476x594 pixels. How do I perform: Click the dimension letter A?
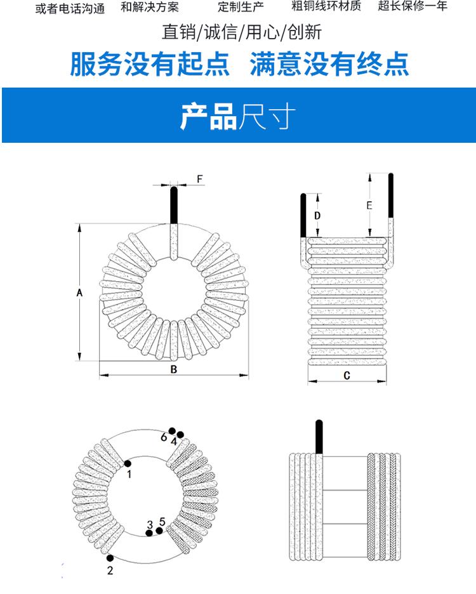click(79, 293)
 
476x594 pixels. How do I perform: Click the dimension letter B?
click(173, 370)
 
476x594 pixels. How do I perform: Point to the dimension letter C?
click(347, 375)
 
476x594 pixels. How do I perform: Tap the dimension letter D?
click(318, 216)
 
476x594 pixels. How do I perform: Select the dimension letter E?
click(369, 205)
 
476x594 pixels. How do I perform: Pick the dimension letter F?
click(199, 180)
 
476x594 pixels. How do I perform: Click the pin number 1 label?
click(129, 473)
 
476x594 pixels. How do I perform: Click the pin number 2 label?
click(110, 571)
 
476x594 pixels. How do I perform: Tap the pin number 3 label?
click(150, 525)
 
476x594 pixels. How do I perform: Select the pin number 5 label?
click(162, 522)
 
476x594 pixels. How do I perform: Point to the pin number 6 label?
click(164, 437)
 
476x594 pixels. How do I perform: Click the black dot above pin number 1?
click(128, 463)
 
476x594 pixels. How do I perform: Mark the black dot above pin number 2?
click(110, 558)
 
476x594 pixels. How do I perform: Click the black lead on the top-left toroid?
click(173, 206)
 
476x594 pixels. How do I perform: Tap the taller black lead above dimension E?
click(390, 197)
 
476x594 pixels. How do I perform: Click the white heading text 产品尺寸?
click(238, 115)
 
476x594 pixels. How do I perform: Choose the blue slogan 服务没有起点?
click(150, 65)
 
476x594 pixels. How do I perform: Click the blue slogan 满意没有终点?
click(329, 65)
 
